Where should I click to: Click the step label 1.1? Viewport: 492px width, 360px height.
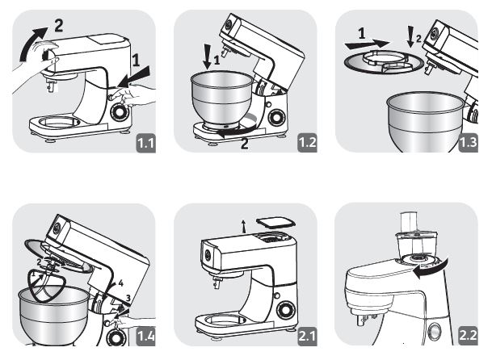pyautogui.click(x=145, y=144)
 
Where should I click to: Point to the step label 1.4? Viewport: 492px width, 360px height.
pyautogui.click(x=145, y=337)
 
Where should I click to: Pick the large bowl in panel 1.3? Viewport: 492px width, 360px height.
pyautogui.click(x=423, y=121)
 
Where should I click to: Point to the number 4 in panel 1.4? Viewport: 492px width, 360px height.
pyautogui.click(x=120, y=283)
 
